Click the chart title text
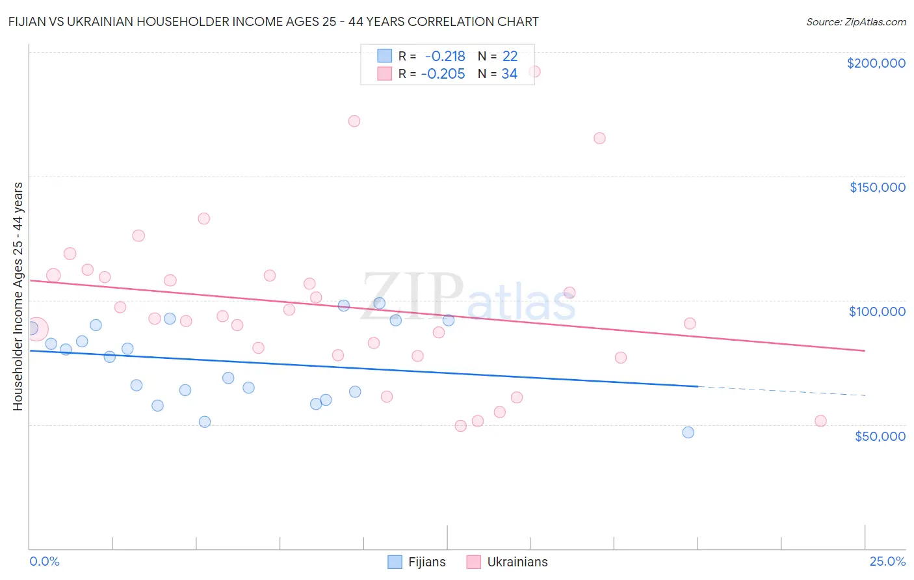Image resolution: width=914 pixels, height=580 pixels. tap(273, 21)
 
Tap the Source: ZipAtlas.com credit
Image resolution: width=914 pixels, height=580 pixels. tap(855, 22)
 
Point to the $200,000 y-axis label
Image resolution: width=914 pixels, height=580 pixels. tap(876, 63)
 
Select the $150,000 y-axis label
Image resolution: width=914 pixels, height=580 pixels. tap(877, 187)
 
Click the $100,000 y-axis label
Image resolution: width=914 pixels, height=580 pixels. tap(877, 311)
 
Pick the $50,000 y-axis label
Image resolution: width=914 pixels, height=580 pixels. tap(880, 436)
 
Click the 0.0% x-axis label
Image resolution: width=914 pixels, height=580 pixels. tap(44, 561)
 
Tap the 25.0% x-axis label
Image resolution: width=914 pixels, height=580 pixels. tap(887, 561)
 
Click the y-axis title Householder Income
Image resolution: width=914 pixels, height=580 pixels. tap(18, 297)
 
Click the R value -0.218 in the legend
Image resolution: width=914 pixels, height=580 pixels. tap(445, 57)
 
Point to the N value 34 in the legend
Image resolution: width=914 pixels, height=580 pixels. tap(509, 74)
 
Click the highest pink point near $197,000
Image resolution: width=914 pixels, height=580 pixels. tap(534, 72)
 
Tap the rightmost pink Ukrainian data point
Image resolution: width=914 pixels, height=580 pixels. tap(820, 421)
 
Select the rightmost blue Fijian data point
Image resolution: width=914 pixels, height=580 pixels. tap(688, 432)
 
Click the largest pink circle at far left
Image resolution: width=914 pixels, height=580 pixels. tap(36, 329)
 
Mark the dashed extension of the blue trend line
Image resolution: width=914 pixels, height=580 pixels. tap(780, 391)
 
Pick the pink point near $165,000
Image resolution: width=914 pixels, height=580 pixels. tap(599, 138)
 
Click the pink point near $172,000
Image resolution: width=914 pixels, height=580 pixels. tap(354, 121)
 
